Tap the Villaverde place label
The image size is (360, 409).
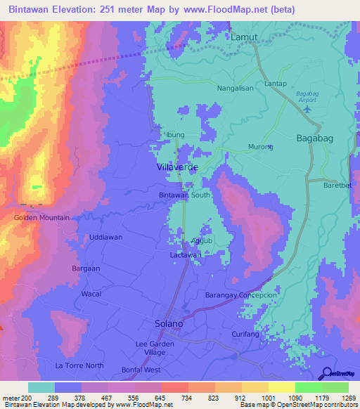(176, 167)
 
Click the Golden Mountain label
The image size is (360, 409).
(41, 218)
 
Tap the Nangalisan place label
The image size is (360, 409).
(216, 89)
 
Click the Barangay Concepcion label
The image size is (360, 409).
(241, 296)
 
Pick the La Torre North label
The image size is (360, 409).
(79, 366)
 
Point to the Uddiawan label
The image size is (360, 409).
(105, 238)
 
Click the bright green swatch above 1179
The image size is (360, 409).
(308, 387)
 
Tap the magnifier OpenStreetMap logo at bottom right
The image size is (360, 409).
(328, 373)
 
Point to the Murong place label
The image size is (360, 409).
(260, 147)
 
